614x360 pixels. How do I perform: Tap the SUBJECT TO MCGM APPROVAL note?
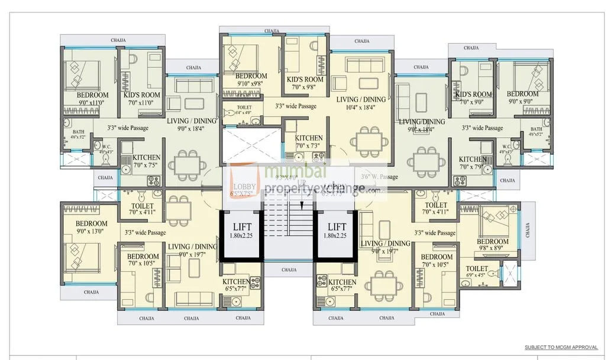[x=561, y=348]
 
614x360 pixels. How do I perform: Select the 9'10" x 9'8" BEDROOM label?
[x=251, y=80]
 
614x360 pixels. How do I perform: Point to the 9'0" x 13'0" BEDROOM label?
[x=92, y=228]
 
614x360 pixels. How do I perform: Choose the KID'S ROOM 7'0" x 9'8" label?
[x=305, y=83]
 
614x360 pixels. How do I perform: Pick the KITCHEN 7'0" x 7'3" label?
[x=309, y=142]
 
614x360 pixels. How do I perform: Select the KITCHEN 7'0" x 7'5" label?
[x=146, y=161]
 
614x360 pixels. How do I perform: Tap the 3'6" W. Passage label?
[x=379, y=177]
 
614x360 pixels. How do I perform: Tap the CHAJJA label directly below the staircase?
[x=289, y=270]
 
